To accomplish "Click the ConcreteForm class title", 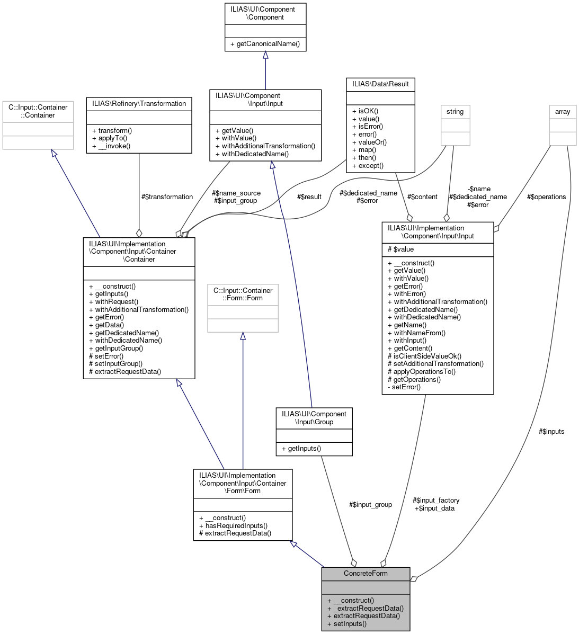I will click(366, 574).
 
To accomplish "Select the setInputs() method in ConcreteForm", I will click(347, 623).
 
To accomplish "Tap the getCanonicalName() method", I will click(265, 44).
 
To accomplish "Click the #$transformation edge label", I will click(167, 197).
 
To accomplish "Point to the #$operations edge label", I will click(546, 197).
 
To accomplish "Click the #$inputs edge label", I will click(551, 432).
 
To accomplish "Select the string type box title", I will click(455, 112).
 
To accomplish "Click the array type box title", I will click(563, 112).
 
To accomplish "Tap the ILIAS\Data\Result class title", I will click(380, 84).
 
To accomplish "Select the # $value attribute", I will click(401, 249).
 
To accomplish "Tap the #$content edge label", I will click(422, 197).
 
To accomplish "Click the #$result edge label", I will click(309, 197).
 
